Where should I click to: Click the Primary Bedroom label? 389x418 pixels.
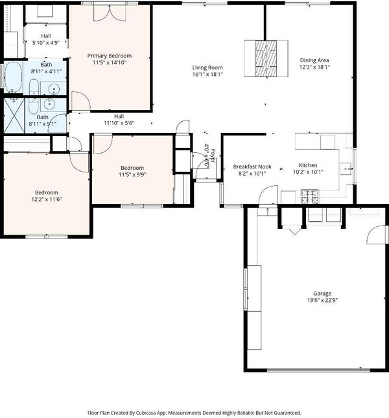point(110,56)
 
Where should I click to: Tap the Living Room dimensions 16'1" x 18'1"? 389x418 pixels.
point(207,75)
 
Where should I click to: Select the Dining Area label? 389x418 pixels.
point(314,60)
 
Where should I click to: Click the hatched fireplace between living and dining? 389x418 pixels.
point(266,58)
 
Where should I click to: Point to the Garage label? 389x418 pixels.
point(322,294)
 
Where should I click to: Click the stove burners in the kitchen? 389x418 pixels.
point(310,196)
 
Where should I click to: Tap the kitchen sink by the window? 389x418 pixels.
point(346,168)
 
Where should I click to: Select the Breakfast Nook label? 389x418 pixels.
point(252,167)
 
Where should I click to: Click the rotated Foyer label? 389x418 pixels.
point(213,156)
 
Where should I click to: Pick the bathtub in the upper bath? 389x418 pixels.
point(13,77)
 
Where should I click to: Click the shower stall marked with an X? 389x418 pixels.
point(14,115)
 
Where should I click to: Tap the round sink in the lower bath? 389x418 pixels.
point(49,104)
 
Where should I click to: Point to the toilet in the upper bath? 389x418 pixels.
point(34,87)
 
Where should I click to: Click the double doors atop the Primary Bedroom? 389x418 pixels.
point(110,14)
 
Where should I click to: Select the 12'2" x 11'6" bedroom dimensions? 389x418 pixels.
point(47,200)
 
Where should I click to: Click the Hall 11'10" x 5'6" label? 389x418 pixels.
point(119,120)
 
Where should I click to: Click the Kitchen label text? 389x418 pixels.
point(308,165)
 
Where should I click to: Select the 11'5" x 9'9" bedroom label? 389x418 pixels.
point(132,171)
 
